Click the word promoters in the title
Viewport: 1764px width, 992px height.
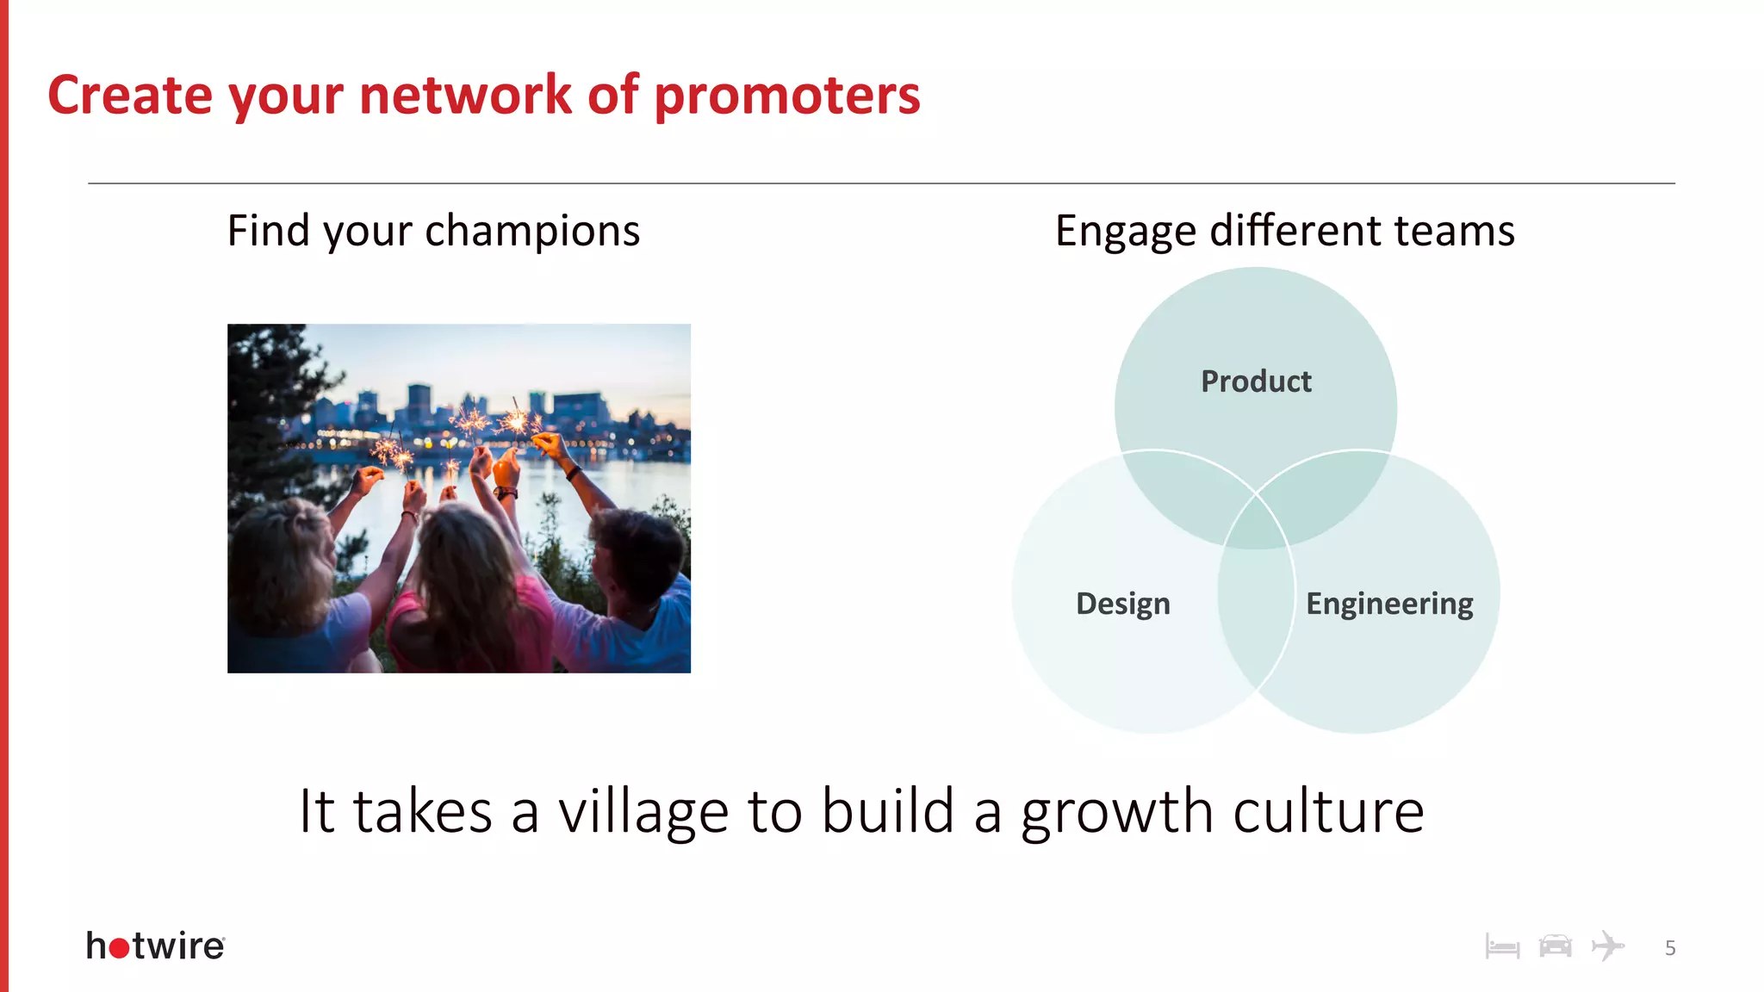tap(786, 96)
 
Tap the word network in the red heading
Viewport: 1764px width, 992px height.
tap(464, 95)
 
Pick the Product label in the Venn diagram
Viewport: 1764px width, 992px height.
tap(1256, 381)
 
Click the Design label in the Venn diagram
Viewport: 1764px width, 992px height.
tap(1122, 604)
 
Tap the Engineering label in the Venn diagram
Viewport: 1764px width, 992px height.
tap(1388, 604)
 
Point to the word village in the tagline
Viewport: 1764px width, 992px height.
tap(643, 812)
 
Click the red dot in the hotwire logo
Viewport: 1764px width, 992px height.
tap(120, 948)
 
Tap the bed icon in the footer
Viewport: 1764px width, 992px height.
tap(1502, 947)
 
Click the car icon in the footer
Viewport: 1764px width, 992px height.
tap(1555, 946)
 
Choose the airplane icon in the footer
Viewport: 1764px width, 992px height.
tap(1607, 945)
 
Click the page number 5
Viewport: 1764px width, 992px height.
tap(1670, 948)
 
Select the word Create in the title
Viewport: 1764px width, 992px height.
tap(129, 95)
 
